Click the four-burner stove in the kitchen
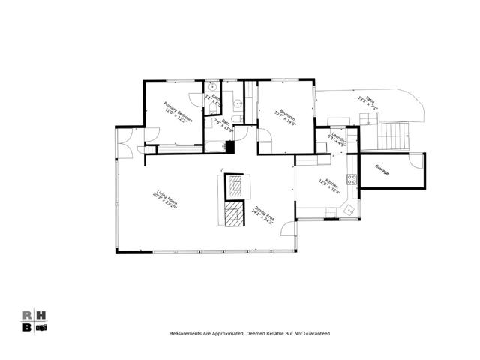pyautogui.click(x=350, y=181)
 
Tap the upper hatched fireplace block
pyautogui.click(x=236, y=185)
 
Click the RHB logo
pyautogui.click(x=34, y=320)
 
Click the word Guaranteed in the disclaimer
pyautogui.click(x=316, y=332)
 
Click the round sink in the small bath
pyautogui.click(x=212, y=87)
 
